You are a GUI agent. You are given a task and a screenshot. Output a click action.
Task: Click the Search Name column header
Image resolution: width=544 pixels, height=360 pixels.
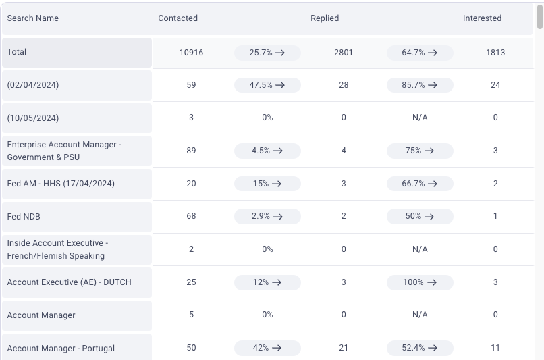coord(32,18)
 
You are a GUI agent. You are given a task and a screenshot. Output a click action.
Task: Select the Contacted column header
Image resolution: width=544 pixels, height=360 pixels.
coord(178,18)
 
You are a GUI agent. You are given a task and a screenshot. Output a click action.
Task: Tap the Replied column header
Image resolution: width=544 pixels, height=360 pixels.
coord(325,18)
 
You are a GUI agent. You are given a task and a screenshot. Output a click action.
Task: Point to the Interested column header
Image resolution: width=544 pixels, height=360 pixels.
coord(482,18)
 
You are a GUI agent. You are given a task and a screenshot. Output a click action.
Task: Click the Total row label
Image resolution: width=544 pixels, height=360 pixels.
coord(17,52)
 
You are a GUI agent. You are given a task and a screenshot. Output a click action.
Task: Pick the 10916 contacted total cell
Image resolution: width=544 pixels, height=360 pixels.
coord(191,53)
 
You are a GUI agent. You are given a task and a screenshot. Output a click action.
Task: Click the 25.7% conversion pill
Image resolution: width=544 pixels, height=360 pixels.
coord(267,53)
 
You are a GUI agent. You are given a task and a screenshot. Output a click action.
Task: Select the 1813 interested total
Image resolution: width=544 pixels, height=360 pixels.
coord(495,53)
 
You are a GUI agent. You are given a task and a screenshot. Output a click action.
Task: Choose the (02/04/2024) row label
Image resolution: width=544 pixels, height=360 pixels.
coord(33,85)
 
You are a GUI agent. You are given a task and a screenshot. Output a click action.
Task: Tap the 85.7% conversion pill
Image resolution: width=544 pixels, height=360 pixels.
coord(420,85)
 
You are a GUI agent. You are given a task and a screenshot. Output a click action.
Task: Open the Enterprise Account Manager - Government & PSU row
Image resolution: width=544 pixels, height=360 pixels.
coord(64,151)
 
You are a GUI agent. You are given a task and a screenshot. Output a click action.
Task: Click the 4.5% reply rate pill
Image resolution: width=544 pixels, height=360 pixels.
coord(267,151)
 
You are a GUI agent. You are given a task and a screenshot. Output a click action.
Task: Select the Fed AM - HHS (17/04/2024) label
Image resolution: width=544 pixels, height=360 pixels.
coord(61,184)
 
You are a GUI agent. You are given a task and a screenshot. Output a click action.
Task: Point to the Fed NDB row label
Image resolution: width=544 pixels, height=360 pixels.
coord(24,217)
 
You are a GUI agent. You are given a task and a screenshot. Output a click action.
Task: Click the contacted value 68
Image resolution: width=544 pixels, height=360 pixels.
coord(191,216)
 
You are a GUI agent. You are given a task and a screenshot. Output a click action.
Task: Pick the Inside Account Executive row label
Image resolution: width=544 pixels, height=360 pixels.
coord(57,249)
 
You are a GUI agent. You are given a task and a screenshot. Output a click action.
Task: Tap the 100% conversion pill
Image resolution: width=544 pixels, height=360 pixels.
coord(420,282)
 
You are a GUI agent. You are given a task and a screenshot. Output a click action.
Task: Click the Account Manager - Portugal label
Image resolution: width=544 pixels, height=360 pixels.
coord(61,349)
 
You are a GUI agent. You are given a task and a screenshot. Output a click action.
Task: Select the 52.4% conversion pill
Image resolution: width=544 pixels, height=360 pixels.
coord(420,348)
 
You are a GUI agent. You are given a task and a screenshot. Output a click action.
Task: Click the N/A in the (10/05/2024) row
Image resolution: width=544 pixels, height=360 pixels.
coord(420,118)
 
